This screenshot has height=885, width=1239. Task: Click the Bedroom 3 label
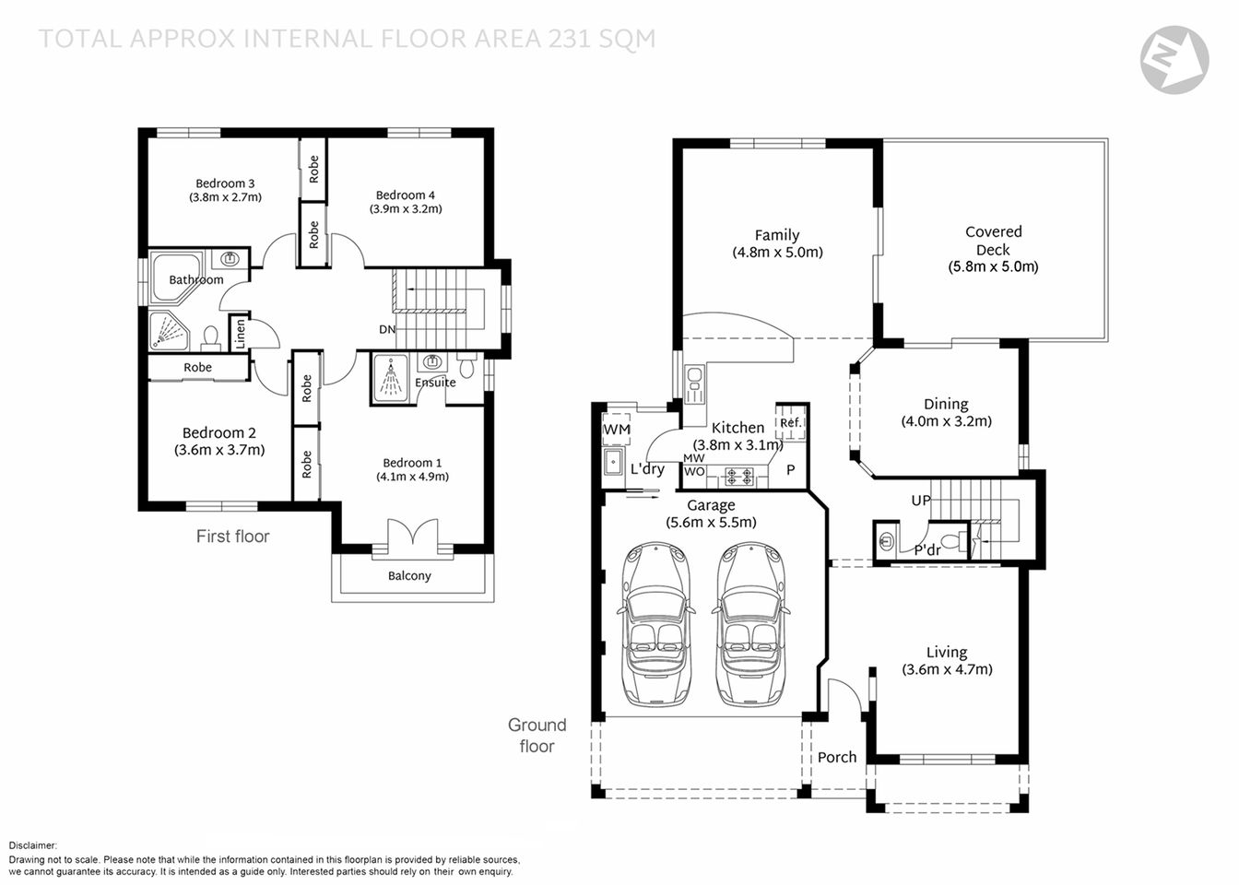pos(225,183)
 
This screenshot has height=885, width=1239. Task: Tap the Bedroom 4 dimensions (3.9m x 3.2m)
pos(406,209)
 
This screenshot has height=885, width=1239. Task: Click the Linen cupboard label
pos(239,333)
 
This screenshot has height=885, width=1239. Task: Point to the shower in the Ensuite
pos(393,378)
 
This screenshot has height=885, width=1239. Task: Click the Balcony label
pos(409,576)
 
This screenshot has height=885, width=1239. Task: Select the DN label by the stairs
pos(387,329)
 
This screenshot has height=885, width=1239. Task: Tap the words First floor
pos(232,537)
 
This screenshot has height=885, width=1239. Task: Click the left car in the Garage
pos(656,624)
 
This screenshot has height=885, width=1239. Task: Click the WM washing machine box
pos(617,430)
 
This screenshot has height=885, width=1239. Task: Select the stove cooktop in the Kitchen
pos(738,477)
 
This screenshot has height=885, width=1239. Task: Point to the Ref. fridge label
pos(790,423)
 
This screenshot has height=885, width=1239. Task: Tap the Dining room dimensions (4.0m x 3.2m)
pos(946,421)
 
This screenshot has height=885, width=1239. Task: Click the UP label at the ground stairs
pos(921,501)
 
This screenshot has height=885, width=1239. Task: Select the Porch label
pos(837,757)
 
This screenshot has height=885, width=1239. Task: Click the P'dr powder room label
pos(926,550)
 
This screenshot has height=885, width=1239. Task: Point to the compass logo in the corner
pos(1174,60)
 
